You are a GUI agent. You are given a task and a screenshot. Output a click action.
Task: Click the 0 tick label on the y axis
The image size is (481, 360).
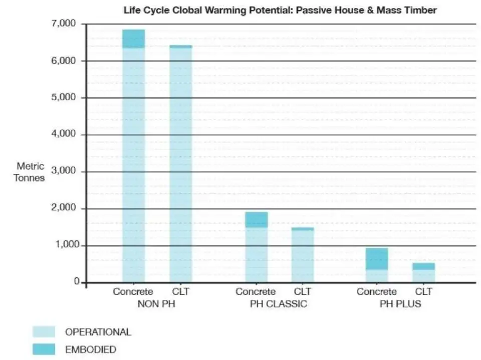[77, 282]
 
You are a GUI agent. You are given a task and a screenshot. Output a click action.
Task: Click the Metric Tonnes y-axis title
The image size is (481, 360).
[31, 171]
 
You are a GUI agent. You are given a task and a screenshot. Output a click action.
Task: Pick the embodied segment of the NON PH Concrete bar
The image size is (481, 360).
[133, 39]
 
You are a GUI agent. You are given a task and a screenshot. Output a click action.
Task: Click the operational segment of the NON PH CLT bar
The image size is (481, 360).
[180, 165]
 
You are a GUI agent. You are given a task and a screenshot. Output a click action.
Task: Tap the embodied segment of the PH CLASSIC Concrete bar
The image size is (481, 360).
[256, 220]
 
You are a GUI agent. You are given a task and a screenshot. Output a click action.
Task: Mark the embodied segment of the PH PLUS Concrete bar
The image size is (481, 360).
[376, 259]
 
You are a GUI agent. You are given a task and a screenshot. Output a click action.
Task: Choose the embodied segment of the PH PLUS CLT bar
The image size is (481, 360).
[423, 266]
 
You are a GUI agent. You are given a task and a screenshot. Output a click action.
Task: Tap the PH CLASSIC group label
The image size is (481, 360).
[279, 304]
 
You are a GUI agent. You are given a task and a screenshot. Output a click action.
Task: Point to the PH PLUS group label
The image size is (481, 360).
[400, 304]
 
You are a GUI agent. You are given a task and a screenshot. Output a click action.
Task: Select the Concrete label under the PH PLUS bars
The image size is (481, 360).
[376, 292]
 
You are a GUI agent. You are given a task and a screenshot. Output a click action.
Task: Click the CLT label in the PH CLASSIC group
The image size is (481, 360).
[303, 292]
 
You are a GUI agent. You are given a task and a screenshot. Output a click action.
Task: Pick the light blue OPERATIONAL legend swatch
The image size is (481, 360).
[44, 331]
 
